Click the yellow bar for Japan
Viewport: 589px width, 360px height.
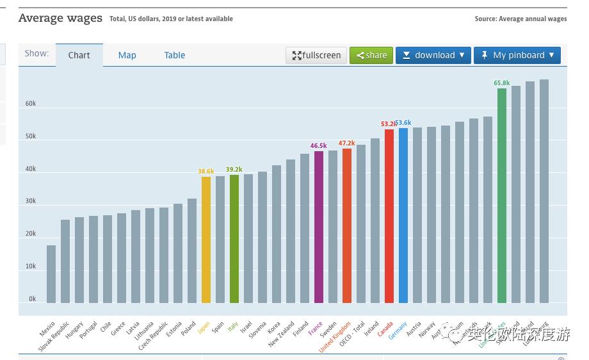pyautogui.click(x=206, y=240)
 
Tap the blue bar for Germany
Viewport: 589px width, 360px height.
pyautogui.click(x=403, y=215)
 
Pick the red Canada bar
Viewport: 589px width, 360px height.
pyautogui.click(x=389, y=216)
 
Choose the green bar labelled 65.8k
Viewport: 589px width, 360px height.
pyautogui.click(x=502, y=195)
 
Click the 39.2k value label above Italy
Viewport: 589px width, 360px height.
pyautogui.click(x=234, y=170)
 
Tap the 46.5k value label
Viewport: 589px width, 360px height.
pyautogui.click(x=318, y=146)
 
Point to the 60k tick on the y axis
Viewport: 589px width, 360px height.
pyautogui.click(x=31, y=104)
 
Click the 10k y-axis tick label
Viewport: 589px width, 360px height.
pyautogui.click(x=31, y=266)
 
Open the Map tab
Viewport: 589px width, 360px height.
pyautogui.click(x=127, y=55)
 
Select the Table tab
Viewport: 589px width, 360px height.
pyautogui.click(x=174, y=55)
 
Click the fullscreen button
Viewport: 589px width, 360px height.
pyautogui.click(x=316, y=55)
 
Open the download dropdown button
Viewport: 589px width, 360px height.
pyautogui.click(x=433, y=55)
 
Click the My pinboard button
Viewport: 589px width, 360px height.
pyautogui.click(x=517, y=55)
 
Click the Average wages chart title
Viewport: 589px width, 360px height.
pyautogui.click(x=60, y=18)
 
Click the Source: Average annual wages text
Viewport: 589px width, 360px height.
pyautogui.click(x=520, y=19)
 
